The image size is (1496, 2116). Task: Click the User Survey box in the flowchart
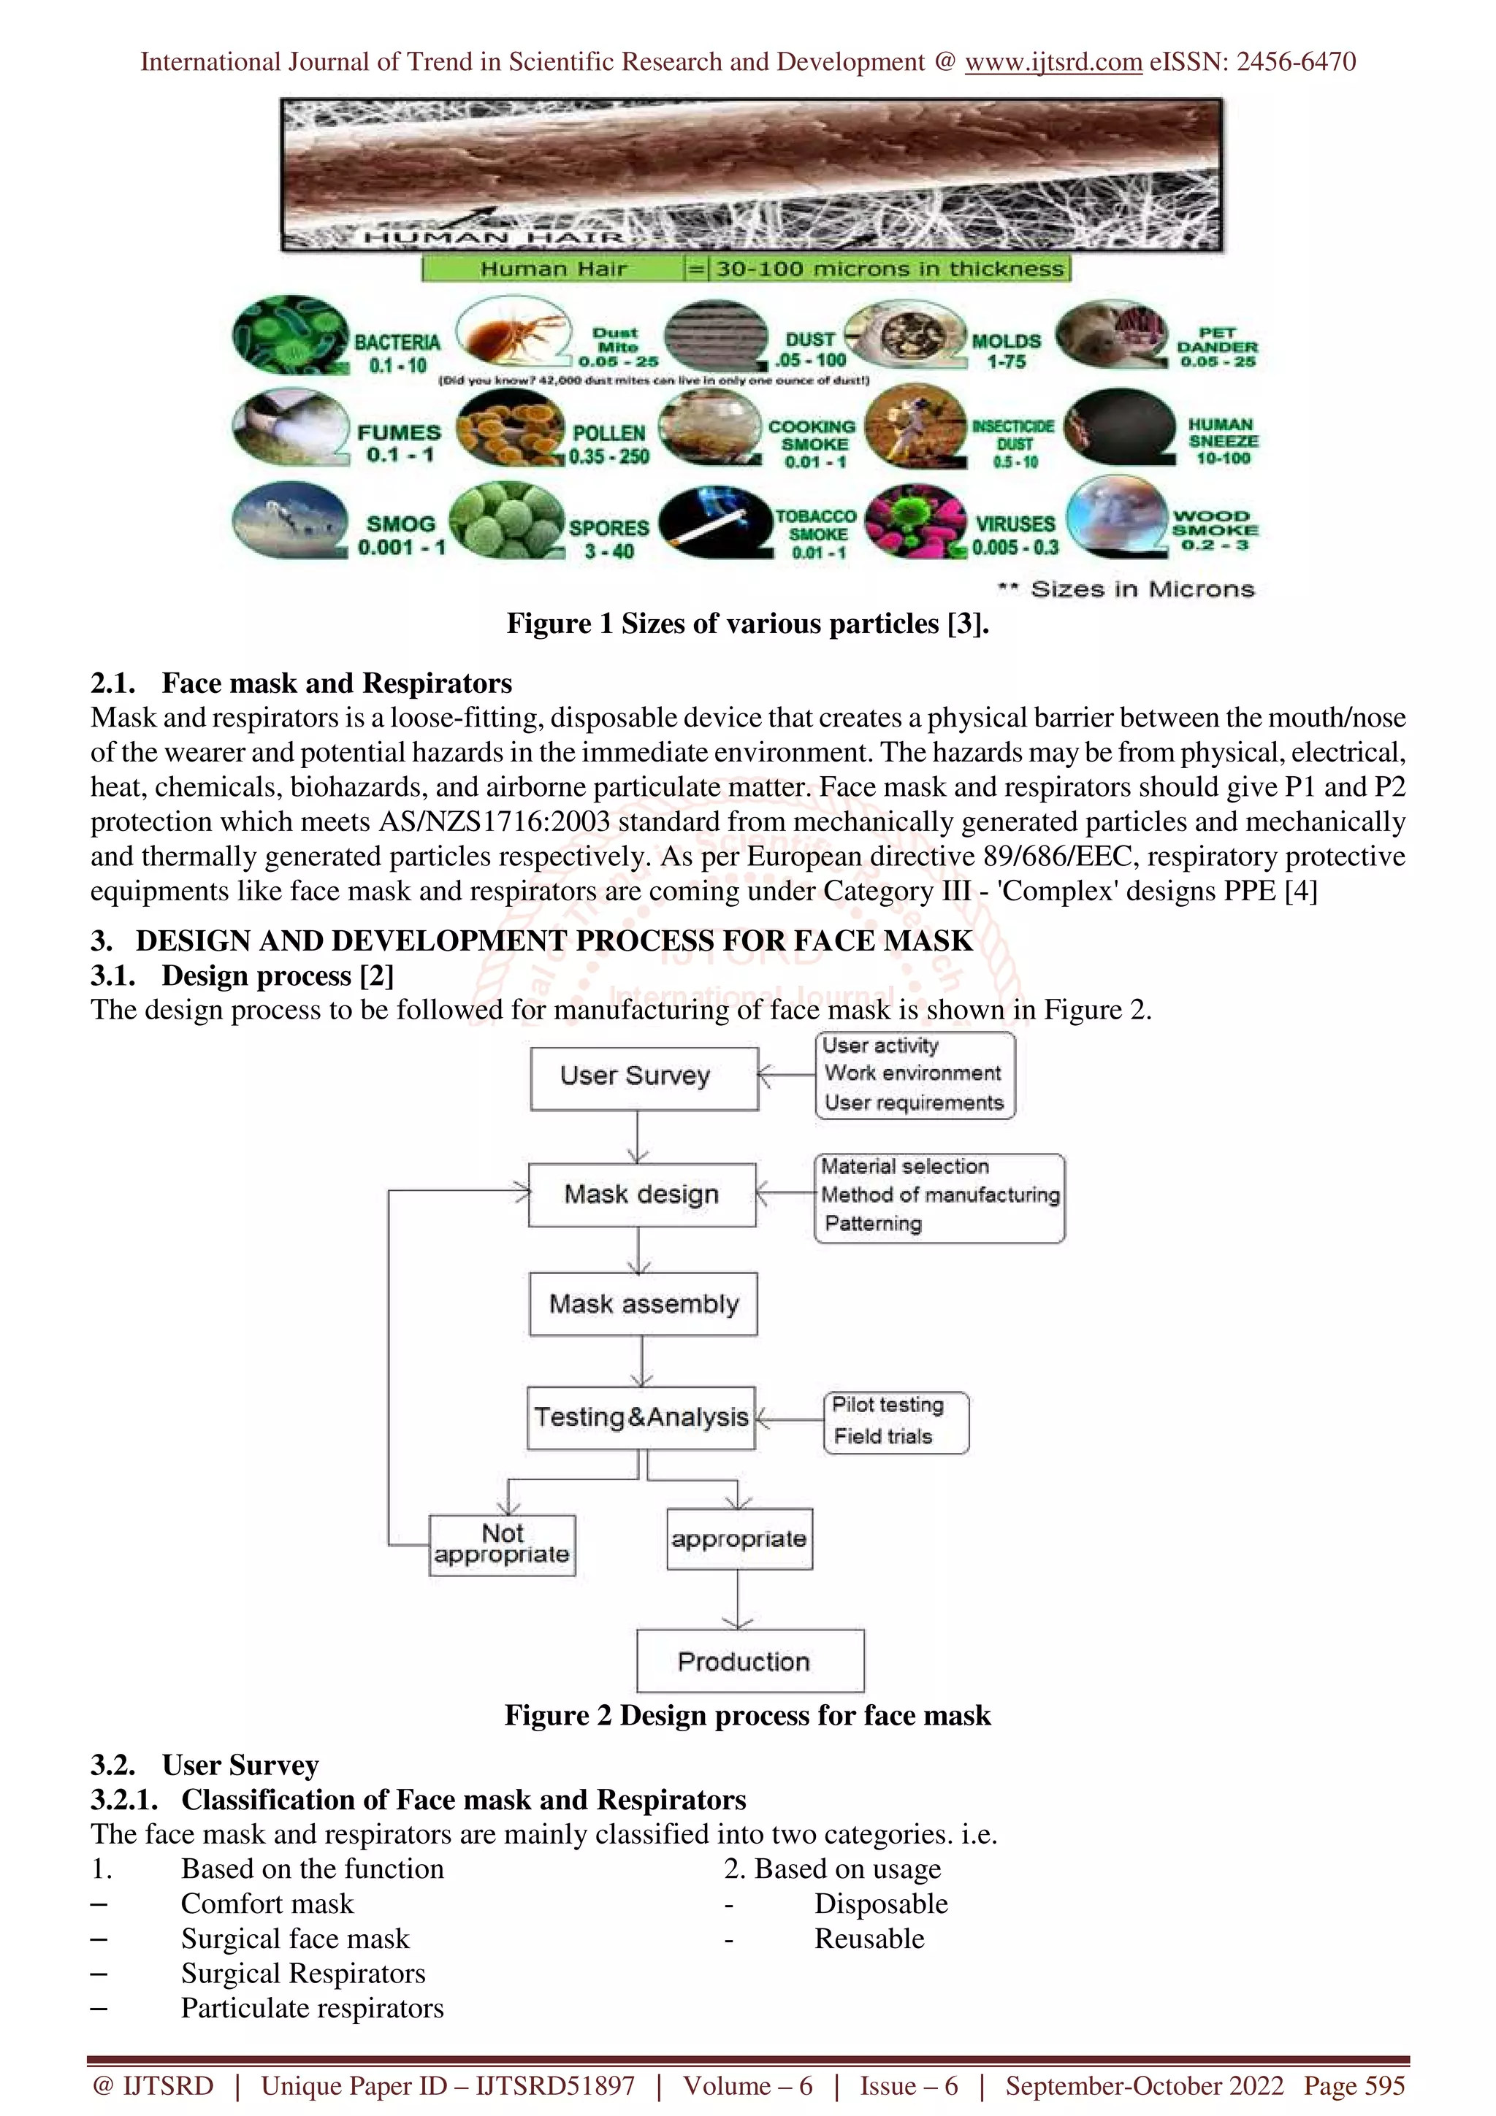pyautogui.click(x=644, y=1078)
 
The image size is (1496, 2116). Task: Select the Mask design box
pyautogui.click(x=641, y=1195)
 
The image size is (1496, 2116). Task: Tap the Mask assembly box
pyautogui.click(x=644, y=1304)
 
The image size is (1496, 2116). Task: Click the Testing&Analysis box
pyautogui.click(x=641, y=1417)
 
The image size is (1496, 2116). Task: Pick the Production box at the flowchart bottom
pyautogui.click(x=749, y=1660)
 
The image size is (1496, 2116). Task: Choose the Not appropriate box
pyautogui.click(x=503, y=1544)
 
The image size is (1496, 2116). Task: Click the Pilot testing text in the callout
pyautogui.click(x=888, y=1405)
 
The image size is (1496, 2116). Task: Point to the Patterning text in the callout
pyautogui.click(x=873, y=1224)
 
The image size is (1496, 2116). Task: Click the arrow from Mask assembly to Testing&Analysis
pyautogui.click(x=643, y=1361)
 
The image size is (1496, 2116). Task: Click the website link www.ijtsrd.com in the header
pyautogui.click(x=1053, y=62)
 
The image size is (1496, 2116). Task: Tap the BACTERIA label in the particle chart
pyautogui.click(x=397, y=342)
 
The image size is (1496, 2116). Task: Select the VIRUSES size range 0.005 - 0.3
pyautogui.click(x=1015, y=548)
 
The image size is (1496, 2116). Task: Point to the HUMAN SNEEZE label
pyautogui.click(x=1222, y=440)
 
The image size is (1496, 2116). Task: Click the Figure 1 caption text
pyautogui.click(x=747, y=624)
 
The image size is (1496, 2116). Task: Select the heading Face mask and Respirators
pyautogui.click(x=337, y=683)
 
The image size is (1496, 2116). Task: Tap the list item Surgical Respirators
pyautogui.click(x=302, y=1973)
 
